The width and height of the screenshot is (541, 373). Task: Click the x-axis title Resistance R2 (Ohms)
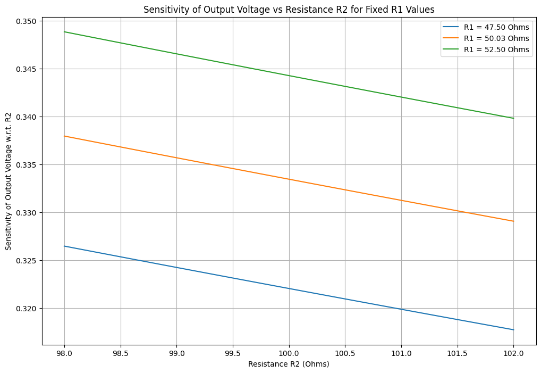(x=289, y=364)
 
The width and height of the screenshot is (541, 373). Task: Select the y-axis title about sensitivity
(x=9, y=181)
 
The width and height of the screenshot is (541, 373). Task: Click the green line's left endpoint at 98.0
(x=64, y=32)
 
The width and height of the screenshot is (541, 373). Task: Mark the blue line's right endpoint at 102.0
(x=513, y=330)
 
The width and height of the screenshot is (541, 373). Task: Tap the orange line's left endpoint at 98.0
(x=64, y=136)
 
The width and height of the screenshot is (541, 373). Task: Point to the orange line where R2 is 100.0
(x=289, y=179)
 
